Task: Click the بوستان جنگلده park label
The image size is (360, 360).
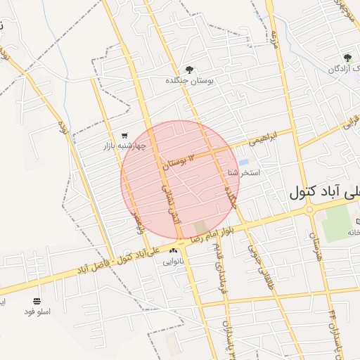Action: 188,81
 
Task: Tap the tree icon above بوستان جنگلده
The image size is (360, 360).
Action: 188,69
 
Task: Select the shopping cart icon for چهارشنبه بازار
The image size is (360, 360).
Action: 124,136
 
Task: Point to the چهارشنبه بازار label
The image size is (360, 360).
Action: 124,146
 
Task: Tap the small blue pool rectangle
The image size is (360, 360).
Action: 243,162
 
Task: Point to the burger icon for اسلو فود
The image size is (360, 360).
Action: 37,300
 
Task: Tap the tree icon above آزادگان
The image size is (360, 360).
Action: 347,58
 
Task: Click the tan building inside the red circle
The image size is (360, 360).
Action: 201,228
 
